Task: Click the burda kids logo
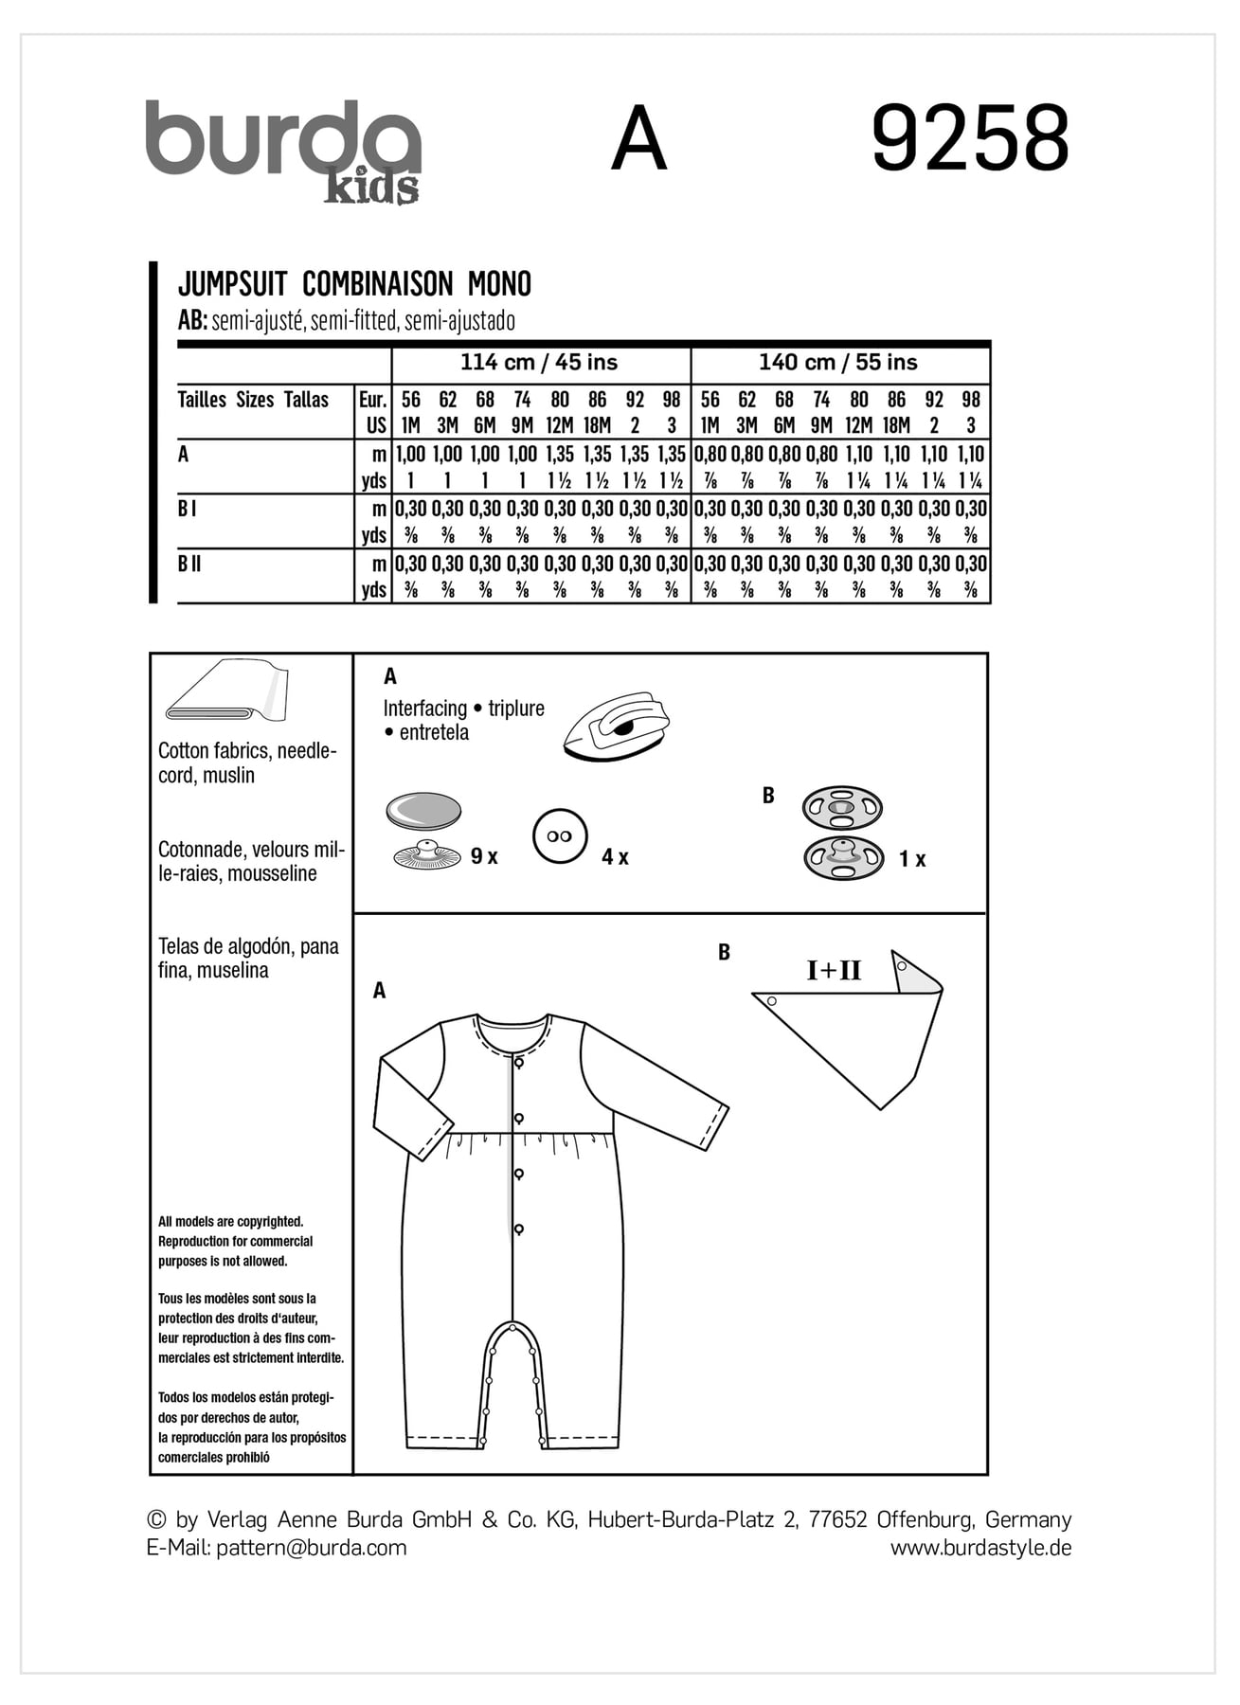(x=282, y=150)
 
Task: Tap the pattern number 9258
(x=969, y=139)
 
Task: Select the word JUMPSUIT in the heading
(x=232, y=284)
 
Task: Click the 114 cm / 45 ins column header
(x=539, y=363)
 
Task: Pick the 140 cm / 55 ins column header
(x=837, y=363)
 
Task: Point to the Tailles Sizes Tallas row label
(x=253, y=400)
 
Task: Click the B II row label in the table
(x=189, y=565)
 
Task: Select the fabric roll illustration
(x=227, y=691)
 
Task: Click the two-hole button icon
(x=560, y=836)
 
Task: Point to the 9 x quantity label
(x=484, y=856)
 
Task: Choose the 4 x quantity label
(x=615, y=857)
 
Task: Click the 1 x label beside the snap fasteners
(x=912, y=859)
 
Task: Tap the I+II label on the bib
(x=834, y=970)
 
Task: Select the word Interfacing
(x=425, y=709)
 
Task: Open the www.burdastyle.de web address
(x=980, y=1548)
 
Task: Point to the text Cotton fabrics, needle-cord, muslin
(x=247, y=763)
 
